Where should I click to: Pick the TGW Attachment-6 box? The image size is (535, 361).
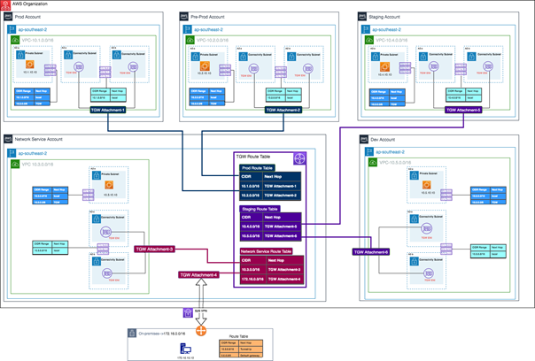pyautogui.click(x=372, y=252)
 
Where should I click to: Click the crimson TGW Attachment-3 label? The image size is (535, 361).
pyautogui.click(x=154, y=250)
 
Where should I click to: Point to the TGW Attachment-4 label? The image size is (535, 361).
pyautogui.click(x=197, y=274)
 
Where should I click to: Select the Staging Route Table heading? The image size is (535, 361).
pyautogui.click(x=260, y=209)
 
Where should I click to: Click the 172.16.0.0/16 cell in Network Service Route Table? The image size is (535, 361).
pyautogui.click(x=255, y=280)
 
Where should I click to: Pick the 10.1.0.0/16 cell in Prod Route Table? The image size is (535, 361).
pyautogui.click(x=255, y=186)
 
